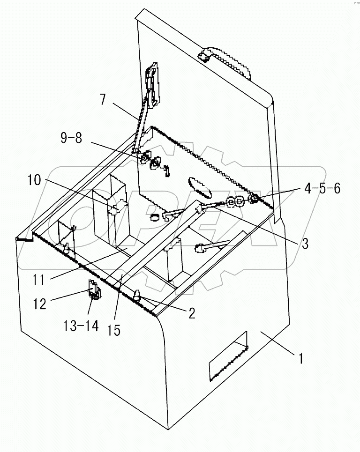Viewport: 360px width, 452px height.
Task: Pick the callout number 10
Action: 37,179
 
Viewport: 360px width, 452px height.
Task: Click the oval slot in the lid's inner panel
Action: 199,187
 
